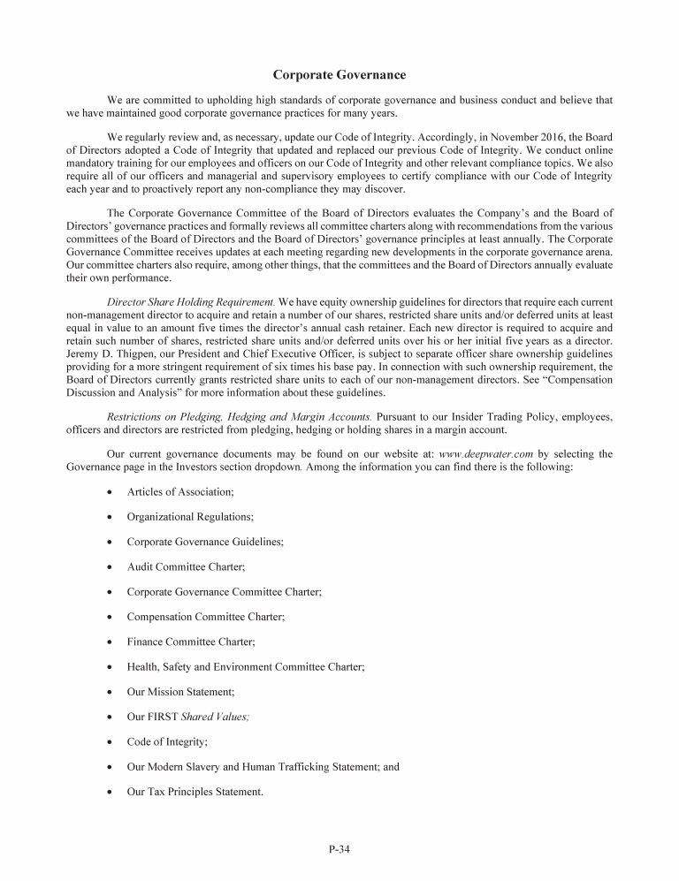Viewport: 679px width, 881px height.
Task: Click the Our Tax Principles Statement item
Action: [195, 792]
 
